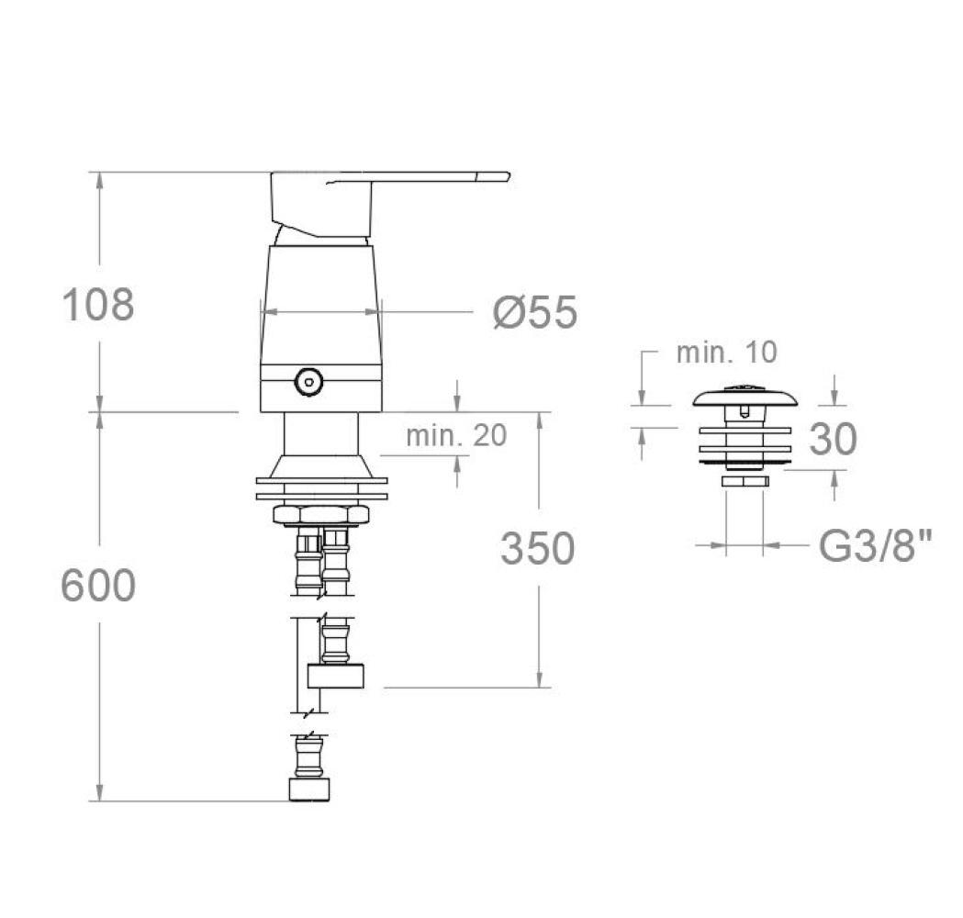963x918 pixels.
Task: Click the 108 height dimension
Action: [98, 305]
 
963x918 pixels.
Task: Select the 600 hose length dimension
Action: [98, 586]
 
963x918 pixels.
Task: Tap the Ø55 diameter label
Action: [535, 312]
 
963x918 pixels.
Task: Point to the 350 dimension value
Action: [537, 548]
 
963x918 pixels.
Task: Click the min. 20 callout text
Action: [456, 435]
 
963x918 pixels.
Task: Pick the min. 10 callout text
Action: [726, 352]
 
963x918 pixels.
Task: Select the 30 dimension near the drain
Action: [833, 439]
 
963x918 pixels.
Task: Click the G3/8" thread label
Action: [875, 546]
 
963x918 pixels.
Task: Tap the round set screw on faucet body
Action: [308, 382]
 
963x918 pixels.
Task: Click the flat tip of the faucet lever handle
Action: [508, 177]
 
